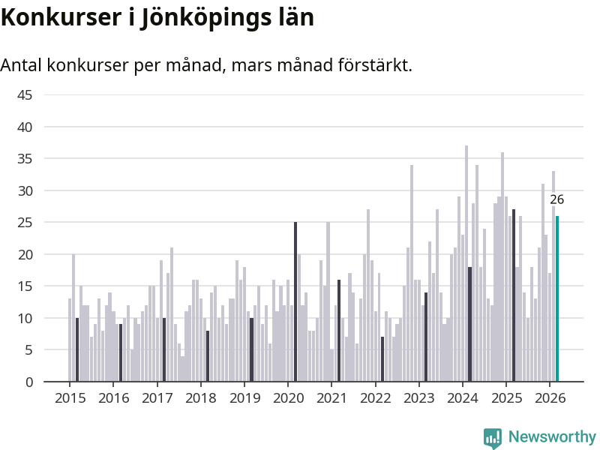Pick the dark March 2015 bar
coord(77,349)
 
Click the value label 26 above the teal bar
coord(556,199)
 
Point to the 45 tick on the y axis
coord(25,95)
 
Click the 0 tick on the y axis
coord(28,382)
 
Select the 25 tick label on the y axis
coord(25,223)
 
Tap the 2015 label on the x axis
coord(70,397)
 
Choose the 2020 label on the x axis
coord(288,397)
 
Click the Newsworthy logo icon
coord(493,437)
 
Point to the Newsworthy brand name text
coord(552,437)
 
